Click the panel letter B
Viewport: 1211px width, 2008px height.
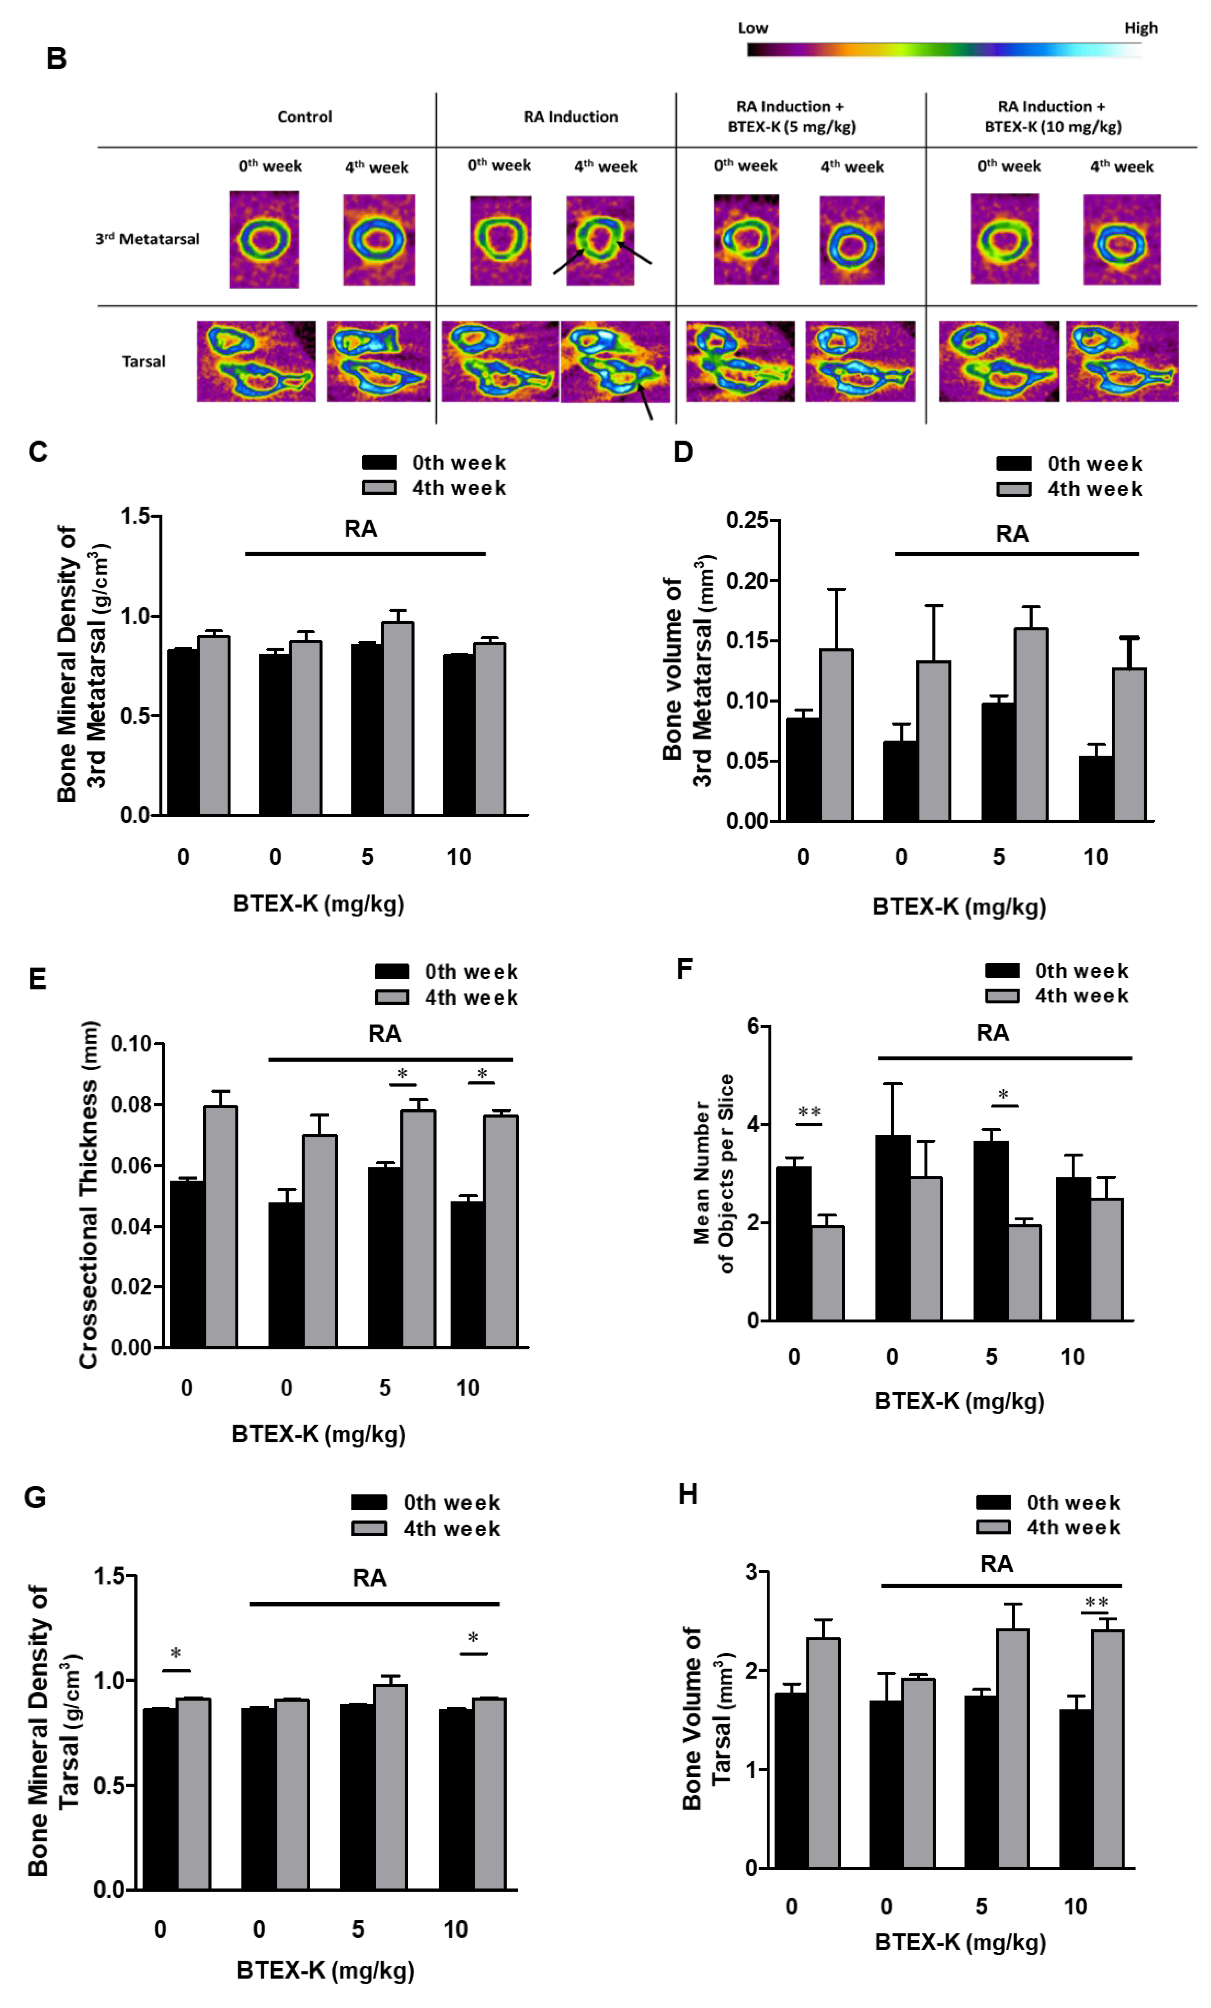pos(56,59)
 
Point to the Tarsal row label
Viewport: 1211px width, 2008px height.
pos(143,361)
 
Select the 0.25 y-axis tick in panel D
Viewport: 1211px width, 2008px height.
pos(747,521)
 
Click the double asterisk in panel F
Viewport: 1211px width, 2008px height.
pos(809,1113)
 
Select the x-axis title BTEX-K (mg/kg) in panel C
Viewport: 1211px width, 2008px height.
pos(319,904)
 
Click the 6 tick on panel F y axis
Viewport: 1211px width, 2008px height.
pos(753,1026)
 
